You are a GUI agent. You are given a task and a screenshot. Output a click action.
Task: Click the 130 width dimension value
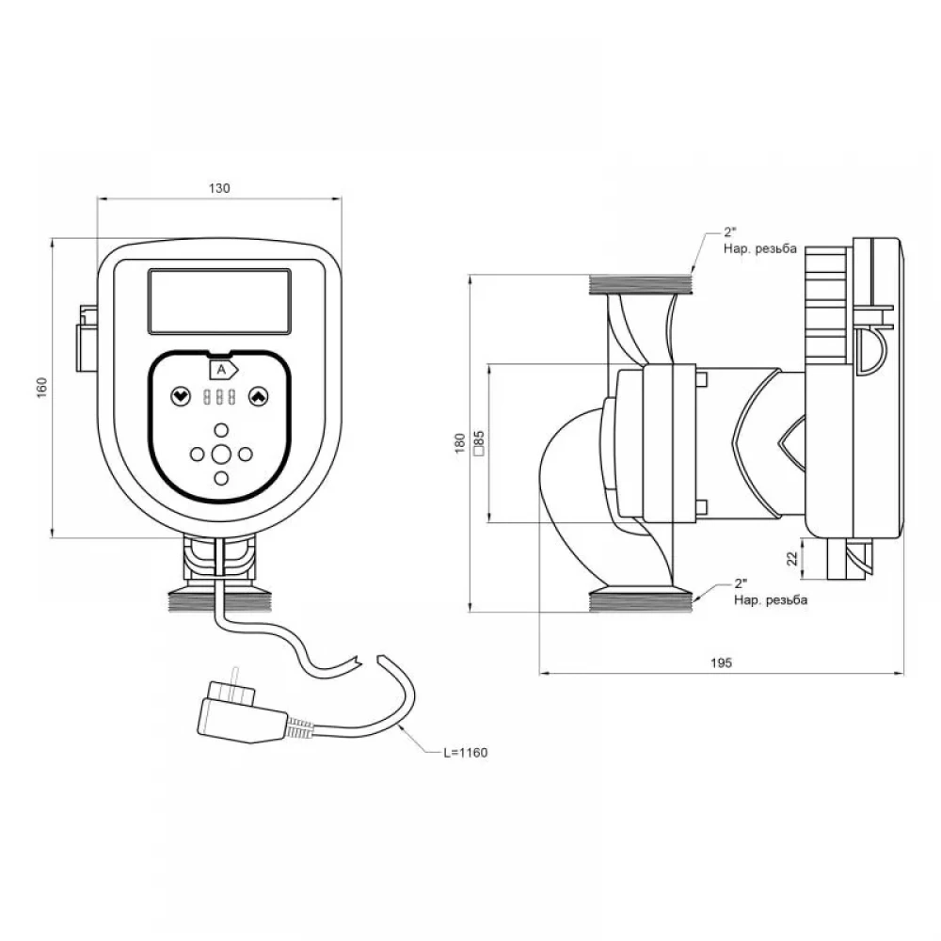click(x=219, y=188)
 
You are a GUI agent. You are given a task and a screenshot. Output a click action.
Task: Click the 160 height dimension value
click(x=41, y=389)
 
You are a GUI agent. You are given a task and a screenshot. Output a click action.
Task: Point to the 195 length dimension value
click(x=721, y=662)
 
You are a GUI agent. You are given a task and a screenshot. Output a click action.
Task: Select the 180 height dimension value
click(x=460, y=443)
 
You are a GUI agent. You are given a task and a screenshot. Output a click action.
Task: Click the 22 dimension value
click(x=792, y=559)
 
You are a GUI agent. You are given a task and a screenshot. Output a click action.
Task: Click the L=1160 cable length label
click(x=465, y=753)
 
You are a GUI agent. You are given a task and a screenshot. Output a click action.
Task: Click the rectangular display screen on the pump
click(x=219, y=301)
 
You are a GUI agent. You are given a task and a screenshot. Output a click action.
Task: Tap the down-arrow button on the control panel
click(x=181, y=397)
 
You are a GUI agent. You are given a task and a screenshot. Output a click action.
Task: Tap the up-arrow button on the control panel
click(x=258, y=397)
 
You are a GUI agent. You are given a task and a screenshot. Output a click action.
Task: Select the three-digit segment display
click(x=219, y=397)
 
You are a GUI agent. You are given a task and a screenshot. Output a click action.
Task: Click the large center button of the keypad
click(x=221, y=455)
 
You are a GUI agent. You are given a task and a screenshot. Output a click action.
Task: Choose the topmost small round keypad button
click(x=221, y=430)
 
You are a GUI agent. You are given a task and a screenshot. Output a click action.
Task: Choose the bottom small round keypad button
click(x=221, y=478)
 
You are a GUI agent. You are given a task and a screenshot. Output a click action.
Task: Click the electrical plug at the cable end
click(x=242, y=713)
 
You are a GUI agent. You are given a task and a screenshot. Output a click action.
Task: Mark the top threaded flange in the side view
click(x=640, y=284)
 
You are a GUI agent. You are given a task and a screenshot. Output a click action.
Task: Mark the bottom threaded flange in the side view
click(x=640, y=601)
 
